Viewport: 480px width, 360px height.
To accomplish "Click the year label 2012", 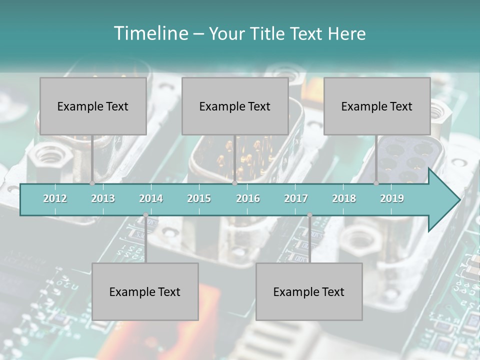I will pos(55,198).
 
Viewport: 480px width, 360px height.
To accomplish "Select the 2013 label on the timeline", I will pos(103,198).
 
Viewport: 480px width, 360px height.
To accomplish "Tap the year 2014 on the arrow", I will pos(151,198).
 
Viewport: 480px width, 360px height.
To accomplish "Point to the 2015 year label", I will pos(199,198).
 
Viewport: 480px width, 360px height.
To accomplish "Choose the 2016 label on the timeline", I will pos(248,198).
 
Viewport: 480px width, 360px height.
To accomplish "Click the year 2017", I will pos(296,198).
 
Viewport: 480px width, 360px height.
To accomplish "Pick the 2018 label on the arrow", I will pos(344,198).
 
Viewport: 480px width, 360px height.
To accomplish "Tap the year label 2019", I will pos(392,198).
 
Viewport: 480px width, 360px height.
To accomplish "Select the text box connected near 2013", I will pos(93,106).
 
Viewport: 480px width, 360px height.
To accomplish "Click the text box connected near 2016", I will pos(235,106).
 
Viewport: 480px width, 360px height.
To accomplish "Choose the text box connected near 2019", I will pos(377,106).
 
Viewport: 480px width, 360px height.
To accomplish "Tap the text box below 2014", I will pos(145,291).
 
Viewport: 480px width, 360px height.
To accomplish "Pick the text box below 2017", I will pos(309,291).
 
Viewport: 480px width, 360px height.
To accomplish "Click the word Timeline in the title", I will pos(150,33).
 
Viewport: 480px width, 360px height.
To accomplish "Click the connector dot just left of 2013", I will pos(92,183).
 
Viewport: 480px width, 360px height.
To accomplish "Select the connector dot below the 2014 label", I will pos(145,215).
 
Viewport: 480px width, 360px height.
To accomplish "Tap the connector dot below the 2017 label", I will pos(309,215).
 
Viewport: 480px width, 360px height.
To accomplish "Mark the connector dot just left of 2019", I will pos(376,183).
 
